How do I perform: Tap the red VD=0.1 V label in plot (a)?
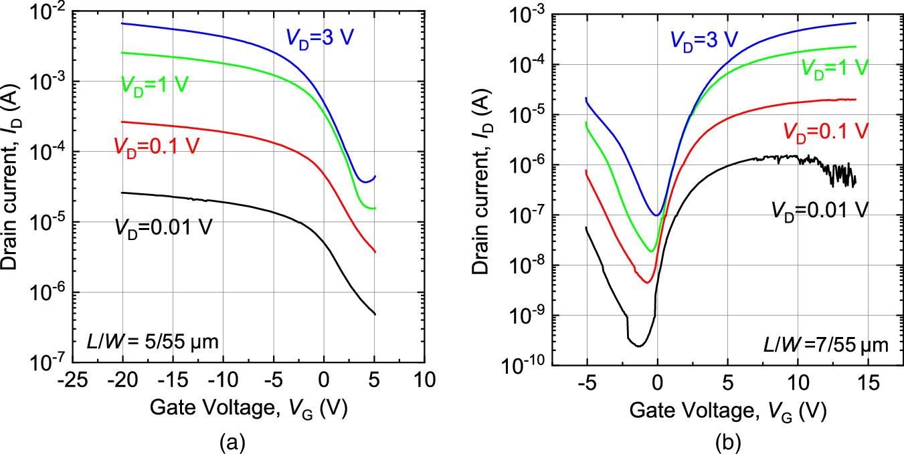(x=156, y=145)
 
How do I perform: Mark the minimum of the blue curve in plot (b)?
(x=657, y=215)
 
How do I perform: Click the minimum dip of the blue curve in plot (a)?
(x=363, y=181)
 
